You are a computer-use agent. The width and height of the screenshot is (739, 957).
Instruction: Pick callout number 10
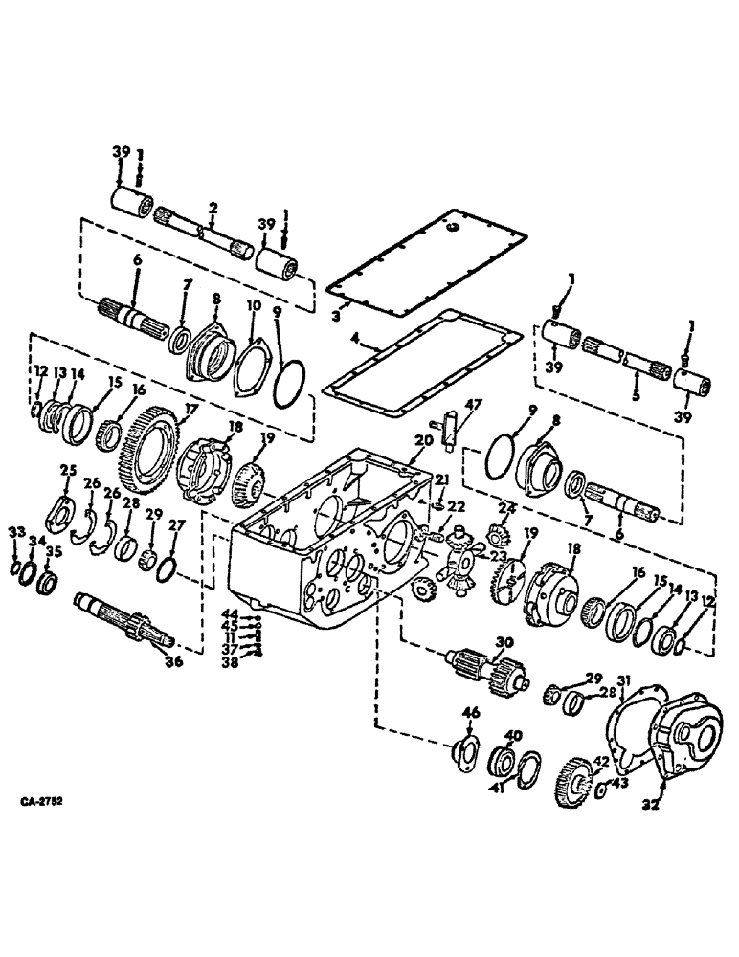coord(253,305)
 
